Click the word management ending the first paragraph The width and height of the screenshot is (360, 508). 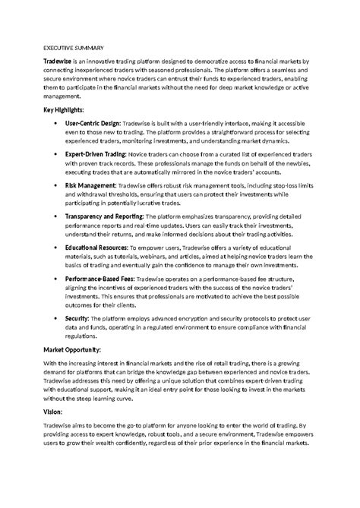65,97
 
